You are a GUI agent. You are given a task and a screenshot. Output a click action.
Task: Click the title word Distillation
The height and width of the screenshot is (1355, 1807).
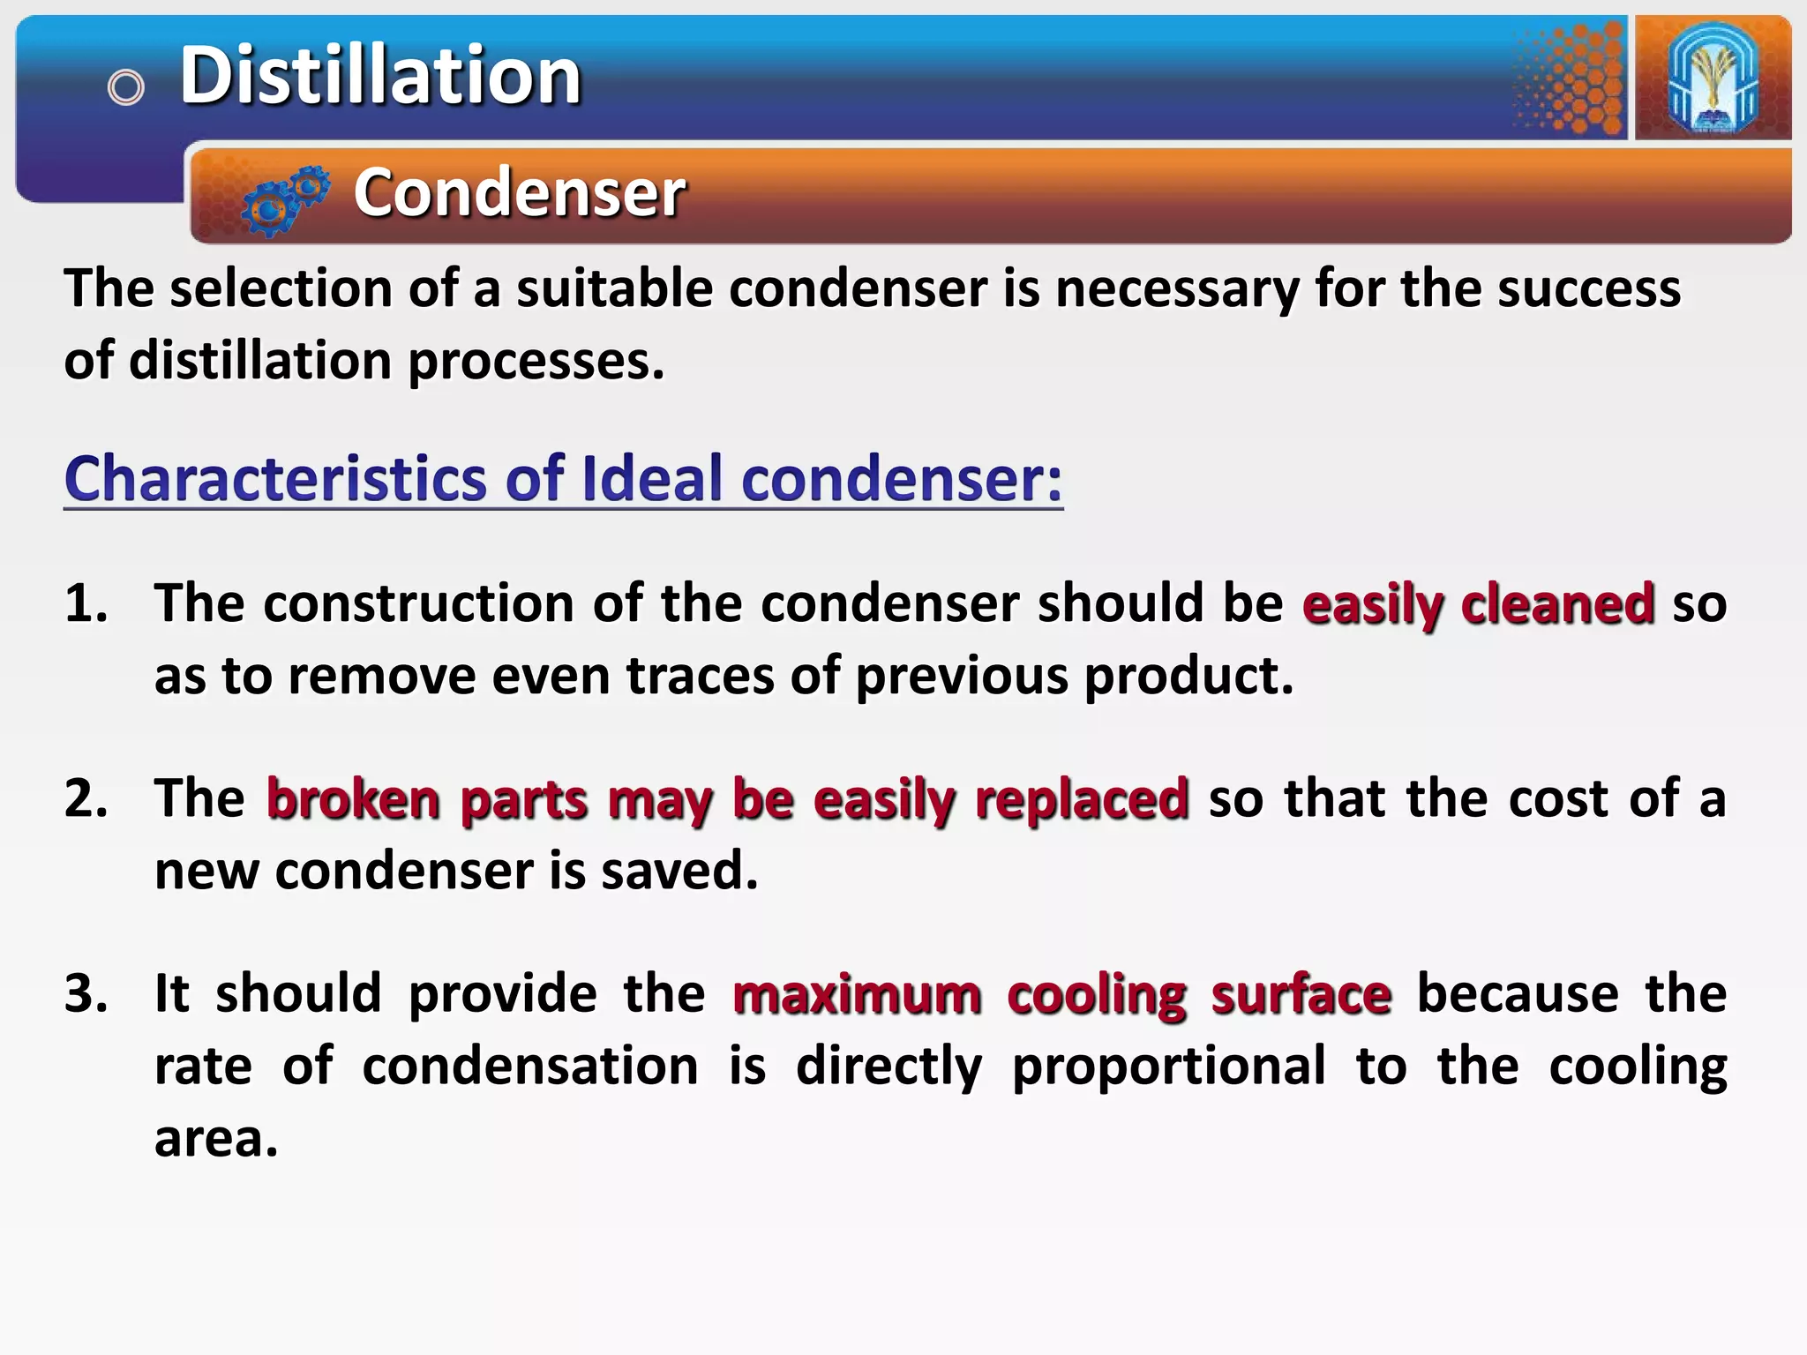click(380, 76)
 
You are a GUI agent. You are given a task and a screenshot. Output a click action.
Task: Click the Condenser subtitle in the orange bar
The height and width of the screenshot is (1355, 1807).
click(519, 192)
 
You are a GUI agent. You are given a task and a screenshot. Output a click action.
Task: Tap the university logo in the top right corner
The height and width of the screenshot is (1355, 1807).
click(1713, 78)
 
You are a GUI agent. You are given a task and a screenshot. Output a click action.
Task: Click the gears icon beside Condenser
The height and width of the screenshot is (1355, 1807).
click(285, 199)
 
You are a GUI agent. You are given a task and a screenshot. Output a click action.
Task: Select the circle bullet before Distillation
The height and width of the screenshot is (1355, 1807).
click(125, 87)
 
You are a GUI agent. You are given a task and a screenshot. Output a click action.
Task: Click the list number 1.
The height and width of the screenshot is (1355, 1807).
click(86, 604)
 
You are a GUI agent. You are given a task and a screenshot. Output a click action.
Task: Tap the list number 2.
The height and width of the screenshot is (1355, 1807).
click(86, 799)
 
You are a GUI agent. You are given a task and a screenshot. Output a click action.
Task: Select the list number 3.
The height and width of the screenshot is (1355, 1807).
click(86, 994)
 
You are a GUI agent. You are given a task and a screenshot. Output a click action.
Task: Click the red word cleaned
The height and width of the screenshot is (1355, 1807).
click(1557, 604)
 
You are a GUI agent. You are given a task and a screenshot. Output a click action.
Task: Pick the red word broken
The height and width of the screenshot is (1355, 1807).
click(353, 799)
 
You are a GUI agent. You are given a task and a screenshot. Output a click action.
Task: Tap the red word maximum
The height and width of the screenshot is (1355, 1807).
click(857, 994)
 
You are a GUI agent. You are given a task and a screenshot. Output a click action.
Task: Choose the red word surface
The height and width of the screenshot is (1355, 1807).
click(1301, 994)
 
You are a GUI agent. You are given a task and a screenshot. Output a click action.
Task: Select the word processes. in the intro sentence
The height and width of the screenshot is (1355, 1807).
click(536, 362)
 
